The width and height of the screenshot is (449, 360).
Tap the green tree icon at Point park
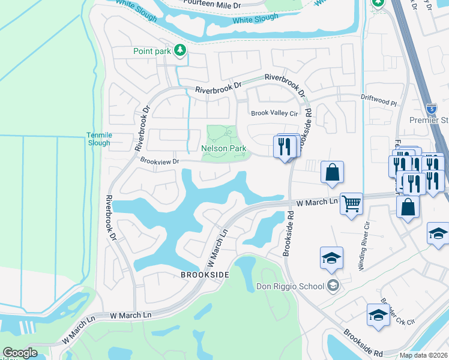179,50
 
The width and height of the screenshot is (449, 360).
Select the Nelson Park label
224,148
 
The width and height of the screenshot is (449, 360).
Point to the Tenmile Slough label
98,139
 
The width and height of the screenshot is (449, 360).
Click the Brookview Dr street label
160,161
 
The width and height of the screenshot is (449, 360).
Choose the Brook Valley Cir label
274,113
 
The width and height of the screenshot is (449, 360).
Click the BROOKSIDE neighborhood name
205,274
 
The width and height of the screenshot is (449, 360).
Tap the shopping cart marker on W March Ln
351,203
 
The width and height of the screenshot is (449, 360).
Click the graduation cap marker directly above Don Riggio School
331,258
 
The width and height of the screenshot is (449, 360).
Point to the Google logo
20,353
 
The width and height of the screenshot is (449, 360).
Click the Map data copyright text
423,355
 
